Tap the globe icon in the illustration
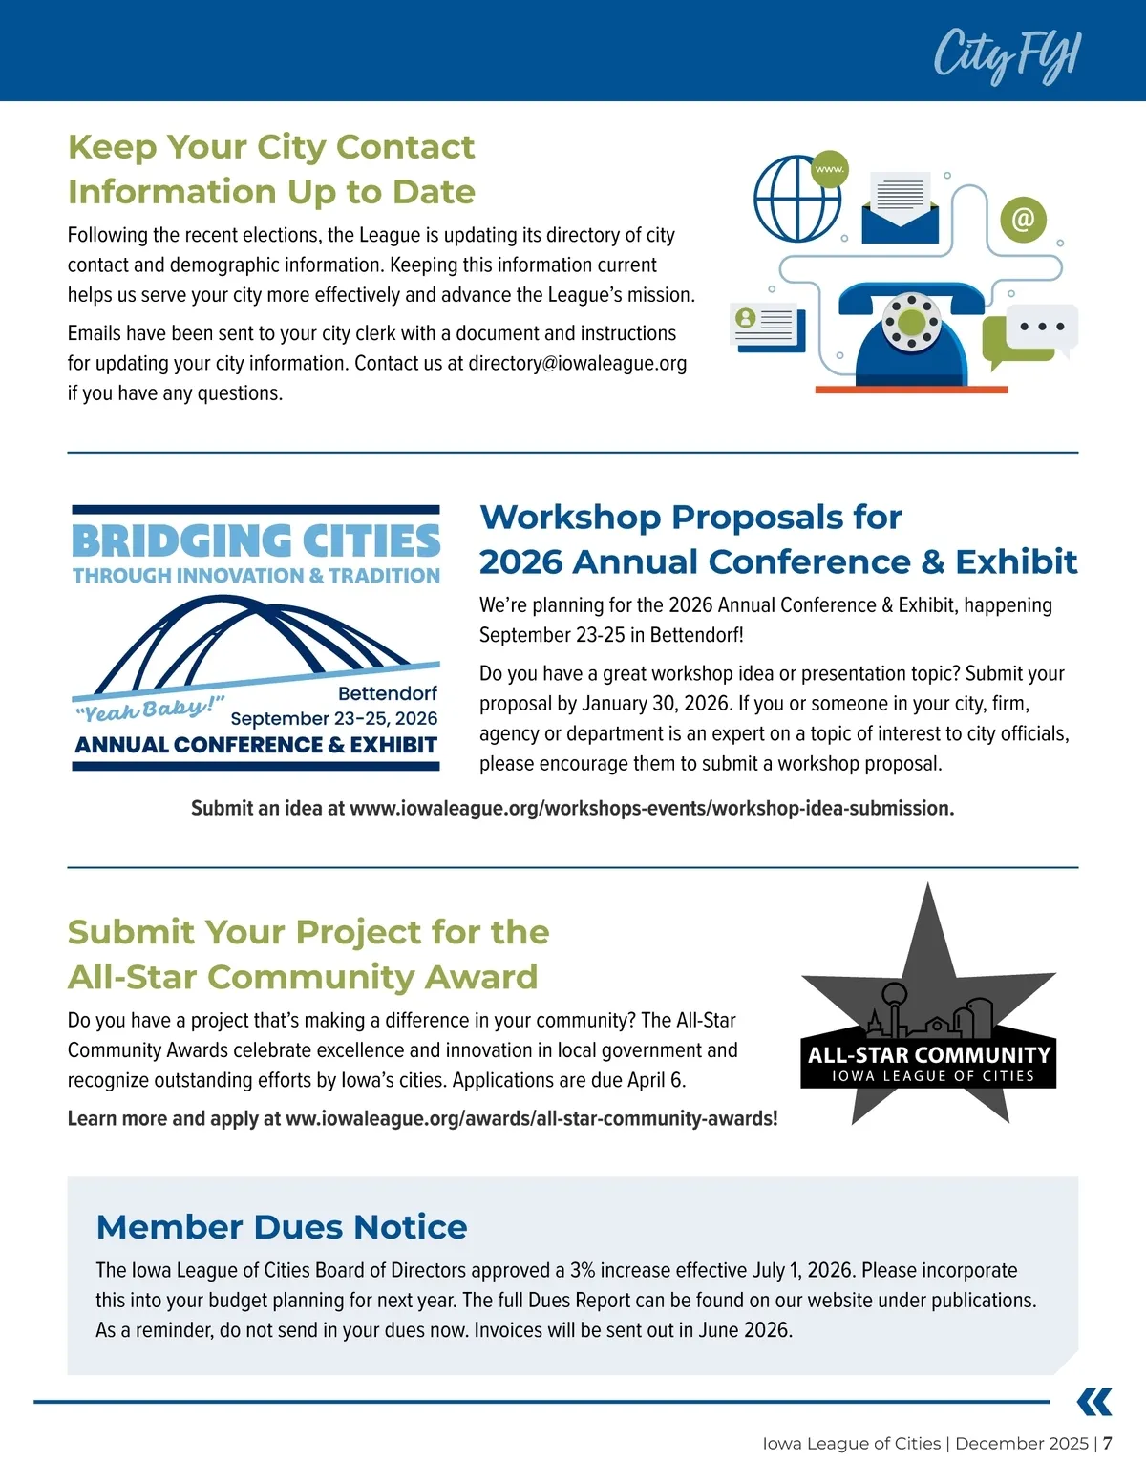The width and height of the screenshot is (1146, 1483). coord(796,199)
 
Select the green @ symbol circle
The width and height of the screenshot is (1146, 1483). coord(1023,220)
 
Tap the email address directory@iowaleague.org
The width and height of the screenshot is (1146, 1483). coord(577,364)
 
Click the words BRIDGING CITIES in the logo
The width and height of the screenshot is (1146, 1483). coord(256,541)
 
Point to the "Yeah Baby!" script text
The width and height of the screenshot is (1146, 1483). coord(149,709)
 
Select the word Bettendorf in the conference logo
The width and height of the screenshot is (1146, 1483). coord(387,693)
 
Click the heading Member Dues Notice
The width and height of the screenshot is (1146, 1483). coord(282,1227)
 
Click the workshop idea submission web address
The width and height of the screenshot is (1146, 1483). coord(651,809)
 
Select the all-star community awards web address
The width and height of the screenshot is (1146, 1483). coord(531,1119)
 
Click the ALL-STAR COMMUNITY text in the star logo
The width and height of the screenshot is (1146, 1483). coord(928,1055)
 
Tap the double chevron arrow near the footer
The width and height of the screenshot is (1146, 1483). coord(1094,1402)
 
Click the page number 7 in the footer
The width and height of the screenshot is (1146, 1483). coord(1108,1444)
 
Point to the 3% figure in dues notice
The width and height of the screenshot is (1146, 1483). coord(583,1271)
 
